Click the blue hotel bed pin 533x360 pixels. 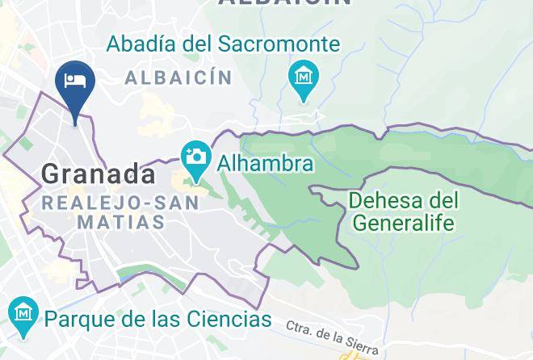click(75, 83)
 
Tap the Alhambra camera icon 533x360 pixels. click(194, 157)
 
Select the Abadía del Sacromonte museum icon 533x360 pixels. click(304, 79)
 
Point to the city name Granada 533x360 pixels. click(98, 174)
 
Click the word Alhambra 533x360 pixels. click(262, 164)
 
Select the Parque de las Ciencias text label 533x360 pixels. click(157, 319)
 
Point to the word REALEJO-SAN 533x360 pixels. click(120, 202)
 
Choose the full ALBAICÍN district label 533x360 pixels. click(178, 78)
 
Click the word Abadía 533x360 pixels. click(142, 44)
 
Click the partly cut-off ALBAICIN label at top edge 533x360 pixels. click(284, 3)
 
